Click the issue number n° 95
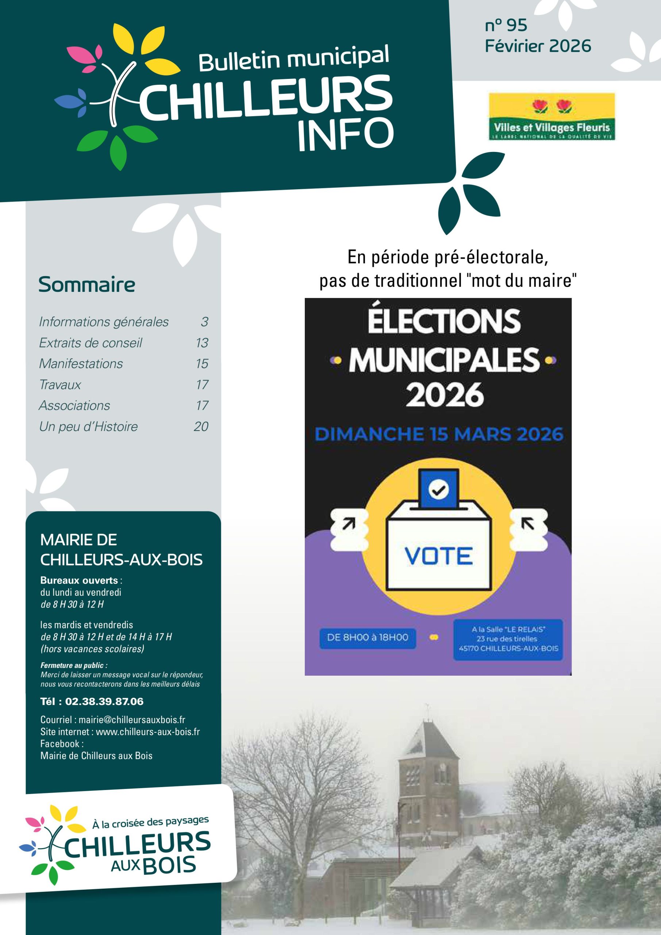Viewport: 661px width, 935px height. coord(506,26)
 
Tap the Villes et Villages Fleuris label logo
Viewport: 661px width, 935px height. coord(552,117)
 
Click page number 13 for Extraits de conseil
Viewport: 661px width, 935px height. coord(202,343)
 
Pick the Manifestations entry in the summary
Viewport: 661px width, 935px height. coord(81,364)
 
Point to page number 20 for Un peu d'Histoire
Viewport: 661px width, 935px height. coord(201,426)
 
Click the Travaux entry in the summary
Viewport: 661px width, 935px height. coord(60,385)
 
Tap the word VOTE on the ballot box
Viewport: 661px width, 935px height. coord(438,556)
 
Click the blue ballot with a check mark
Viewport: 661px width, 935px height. coord(439,489)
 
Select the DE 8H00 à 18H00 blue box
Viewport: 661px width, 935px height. coord(368,637)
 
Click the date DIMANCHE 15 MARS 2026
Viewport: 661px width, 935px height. coord(439,435)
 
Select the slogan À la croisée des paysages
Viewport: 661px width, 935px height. coord(151,823)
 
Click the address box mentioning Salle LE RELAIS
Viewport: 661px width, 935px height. coord(508,639)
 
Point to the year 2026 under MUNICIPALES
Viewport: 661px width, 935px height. coord(445,395)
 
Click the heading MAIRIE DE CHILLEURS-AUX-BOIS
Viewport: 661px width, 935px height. coord(121,550)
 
